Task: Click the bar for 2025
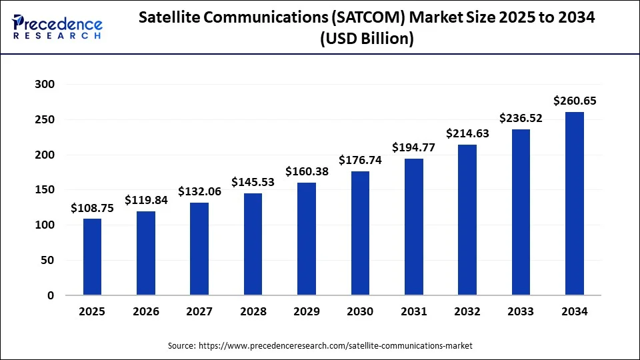tap(92, 257)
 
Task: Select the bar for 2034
tap(575, 203)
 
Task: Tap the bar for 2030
tap(360, 233)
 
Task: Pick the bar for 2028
tap(253, 244)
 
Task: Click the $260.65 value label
tap(575, 101)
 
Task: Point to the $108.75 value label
tap(92, 208)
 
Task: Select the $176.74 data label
tap(360, 160)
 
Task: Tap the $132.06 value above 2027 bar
tap(199, 191)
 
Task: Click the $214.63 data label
tap(467, 133)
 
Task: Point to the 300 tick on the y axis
tap(46, 85)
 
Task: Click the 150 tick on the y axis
tap(46, 190)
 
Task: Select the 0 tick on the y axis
tap(51, 295)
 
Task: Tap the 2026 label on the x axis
tap(146, 311)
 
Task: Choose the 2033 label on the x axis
tap(521, 311)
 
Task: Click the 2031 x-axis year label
tap(413, 311)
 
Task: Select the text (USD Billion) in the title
tap(367, 39)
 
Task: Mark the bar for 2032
tap(467, 220)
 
